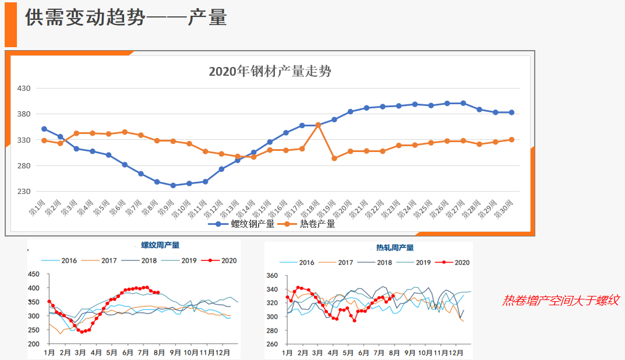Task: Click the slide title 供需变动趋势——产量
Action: [x=126, y=18]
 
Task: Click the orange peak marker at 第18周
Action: [x=318, y=125]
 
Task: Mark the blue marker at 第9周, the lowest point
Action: [x=173, y=185]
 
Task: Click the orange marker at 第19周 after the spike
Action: [x=334, y=158]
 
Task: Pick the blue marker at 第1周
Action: [x=44, y=129]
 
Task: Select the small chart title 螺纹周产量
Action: [x=160, y=245]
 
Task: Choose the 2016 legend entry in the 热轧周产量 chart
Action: [x=301, y=263]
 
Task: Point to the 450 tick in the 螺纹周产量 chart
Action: [x=34, y=274]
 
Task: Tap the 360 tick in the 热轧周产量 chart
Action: [x=272, y=276]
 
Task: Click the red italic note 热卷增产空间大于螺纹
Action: [x=560, y=301]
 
